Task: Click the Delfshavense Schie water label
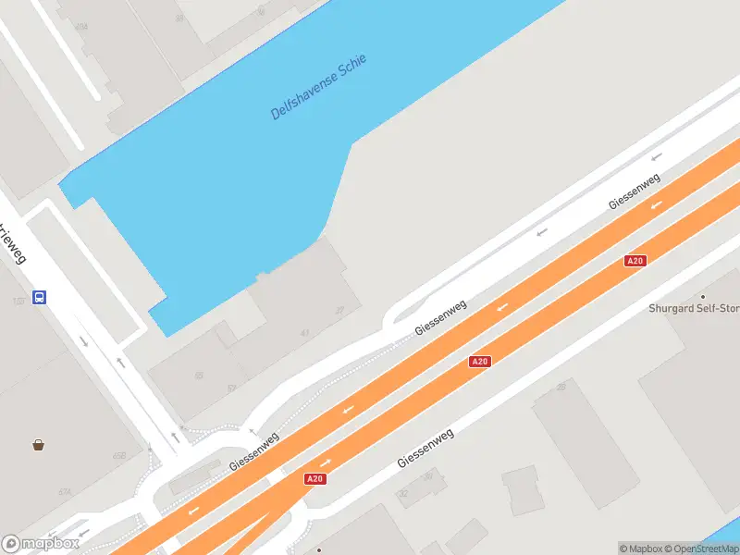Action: click(x=319, y=87)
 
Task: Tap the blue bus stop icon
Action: click(x=40, y=297)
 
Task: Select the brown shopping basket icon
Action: click(x=38, y=445)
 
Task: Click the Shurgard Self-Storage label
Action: click(x=694, y=309)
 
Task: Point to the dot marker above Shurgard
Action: click(x=702, y=296)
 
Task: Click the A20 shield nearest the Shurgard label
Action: click(x=635, y=261)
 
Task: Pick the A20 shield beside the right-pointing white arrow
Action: click(x=314, y=478)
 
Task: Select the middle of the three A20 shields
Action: click(x=479, y=362)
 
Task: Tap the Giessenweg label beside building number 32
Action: click(x=425, y=448)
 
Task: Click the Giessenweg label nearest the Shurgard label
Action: click(x=634, y=191)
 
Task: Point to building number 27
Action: click(x=339, y=311)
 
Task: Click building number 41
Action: click(x=304, y=333)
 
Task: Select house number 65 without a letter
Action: click(x=199, y=376)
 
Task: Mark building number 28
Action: click(x=561, y=386)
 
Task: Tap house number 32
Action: click(x=403, y=494)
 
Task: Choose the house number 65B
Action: click(x=119, y=456)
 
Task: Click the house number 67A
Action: click(x=66, y=492)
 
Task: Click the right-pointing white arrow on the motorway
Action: click(x=325, y=462)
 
